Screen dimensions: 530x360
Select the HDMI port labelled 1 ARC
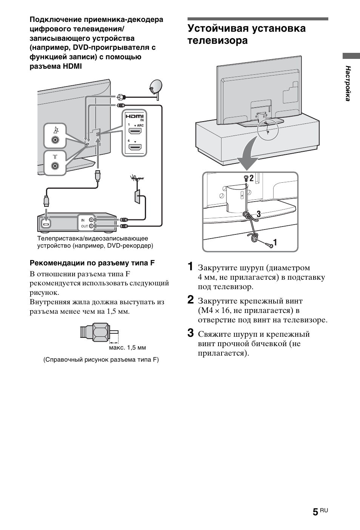135,131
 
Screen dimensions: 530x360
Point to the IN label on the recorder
83,220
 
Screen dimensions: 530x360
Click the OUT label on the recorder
84,226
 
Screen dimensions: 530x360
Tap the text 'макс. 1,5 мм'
127,347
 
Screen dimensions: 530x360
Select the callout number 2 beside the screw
252,177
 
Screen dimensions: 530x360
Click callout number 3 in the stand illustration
258,214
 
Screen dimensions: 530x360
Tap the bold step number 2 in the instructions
191,300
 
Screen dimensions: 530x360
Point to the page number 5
315,512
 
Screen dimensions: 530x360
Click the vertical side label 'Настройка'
348,83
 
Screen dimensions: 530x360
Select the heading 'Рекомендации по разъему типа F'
92,263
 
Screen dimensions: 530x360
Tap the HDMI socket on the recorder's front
46,224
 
